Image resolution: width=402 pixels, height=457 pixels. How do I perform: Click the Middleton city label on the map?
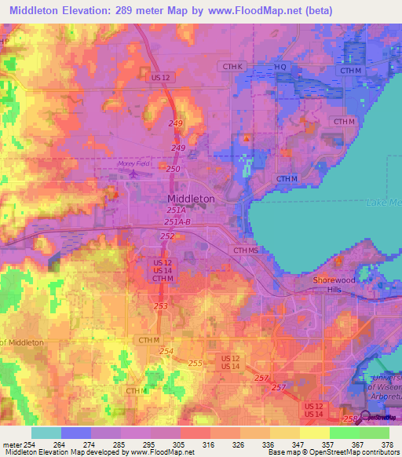tap(191, 199)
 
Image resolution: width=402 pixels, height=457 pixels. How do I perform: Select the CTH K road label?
tap(234, 67)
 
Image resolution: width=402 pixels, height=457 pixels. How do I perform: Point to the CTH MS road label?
tap(244, 250)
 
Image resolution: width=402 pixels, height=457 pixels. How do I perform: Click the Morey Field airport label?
tap(132, 163)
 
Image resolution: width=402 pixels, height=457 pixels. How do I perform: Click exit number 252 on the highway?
tap(167, 236)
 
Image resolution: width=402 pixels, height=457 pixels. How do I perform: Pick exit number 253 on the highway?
tap(161, 306)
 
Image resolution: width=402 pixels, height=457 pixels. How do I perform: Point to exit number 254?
tap(165, 349)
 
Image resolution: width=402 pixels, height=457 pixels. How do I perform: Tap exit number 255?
tap(196, 363)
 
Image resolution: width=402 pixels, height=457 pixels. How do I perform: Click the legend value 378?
tap(386, 444)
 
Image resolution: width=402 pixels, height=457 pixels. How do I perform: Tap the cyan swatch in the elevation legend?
tap(46, 433)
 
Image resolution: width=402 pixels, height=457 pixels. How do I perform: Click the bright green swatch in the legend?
tap(344, 433)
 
